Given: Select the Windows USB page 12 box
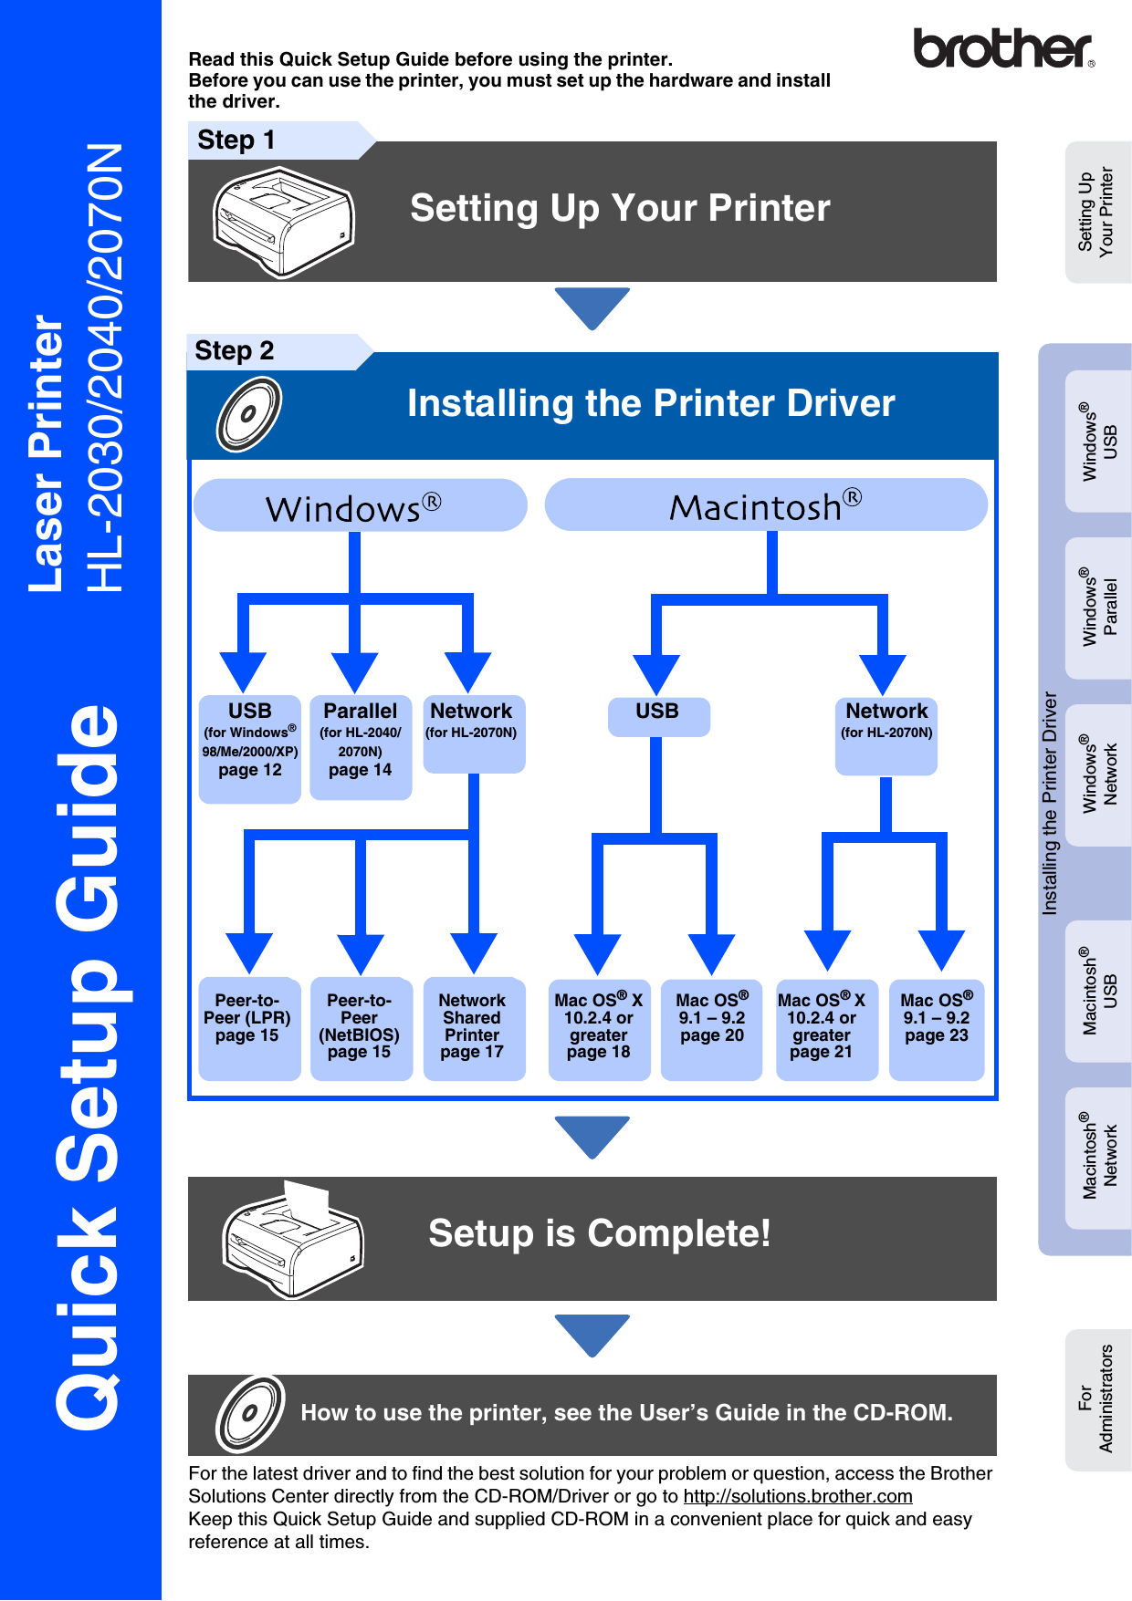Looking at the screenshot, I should (x=250, y=748).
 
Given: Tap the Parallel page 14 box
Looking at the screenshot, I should (x=361, y=747).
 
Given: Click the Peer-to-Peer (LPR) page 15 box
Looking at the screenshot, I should (x=248, y=1028).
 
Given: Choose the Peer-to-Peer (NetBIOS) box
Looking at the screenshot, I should (x=361, y=1028).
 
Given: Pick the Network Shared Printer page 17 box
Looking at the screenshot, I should (x=473, y=1028).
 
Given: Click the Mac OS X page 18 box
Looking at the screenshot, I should (x=599, y=1028).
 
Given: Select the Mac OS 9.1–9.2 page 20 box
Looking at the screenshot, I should (x=712, y=1028).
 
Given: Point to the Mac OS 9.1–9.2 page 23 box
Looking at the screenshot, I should (x=937, y=1028).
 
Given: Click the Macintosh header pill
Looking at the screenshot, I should (x=765, y=505).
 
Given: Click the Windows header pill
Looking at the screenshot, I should (x=360, y=505).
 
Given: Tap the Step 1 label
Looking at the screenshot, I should (x=236, y=140).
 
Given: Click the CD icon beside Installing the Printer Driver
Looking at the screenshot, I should (x=248, y=414).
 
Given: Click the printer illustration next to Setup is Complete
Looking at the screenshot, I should (x=292, y=1239).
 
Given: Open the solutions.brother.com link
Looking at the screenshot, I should (x=797, y=1496).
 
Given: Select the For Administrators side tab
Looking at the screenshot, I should (x=1097, y=1399).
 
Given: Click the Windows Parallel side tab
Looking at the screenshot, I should (x=1099, y=608).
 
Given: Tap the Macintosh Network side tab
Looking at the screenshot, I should (x=1099, y=1157).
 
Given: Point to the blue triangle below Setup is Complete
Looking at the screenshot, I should (x=592, y=1333).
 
